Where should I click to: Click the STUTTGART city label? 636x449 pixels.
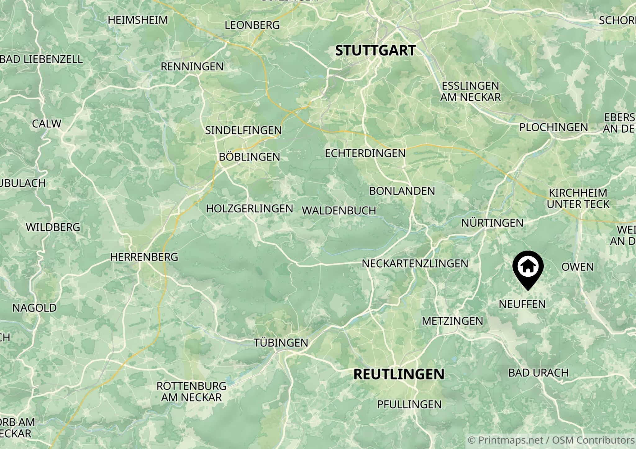[375, 51]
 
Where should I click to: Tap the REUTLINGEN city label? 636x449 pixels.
[399, 374]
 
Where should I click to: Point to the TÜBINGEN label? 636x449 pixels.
[281, 343]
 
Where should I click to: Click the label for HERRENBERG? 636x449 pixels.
[144, 257]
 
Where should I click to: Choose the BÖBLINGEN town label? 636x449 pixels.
[249, 157]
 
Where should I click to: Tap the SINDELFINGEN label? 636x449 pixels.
[243, 130]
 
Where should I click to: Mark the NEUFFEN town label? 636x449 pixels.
[522, 304]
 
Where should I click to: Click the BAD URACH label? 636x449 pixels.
[538, 373]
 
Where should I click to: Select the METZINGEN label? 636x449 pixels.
[452, 321]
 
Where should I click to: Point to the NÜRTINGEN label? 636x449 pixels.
[492, 223]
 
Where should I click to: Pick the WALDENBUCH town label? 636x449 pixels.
[339, 211]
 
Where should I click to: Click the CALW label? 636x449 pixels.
[47, 124]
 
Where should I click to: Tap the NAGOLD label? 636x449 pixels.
[34, 308]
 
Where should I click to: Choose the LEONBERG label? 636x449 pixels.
[252, 25]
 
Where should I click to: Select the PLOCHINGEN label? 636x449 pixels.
[553, 127]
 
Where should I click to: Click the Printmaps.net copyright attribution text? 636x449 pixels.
[551, 440]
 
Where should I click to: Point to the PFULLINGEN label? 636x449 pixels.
[409, 404]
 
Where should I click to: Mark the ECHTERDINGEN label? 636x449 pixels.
[365, 153]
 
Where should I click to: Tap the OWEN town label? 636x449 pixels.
[577, 267]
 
